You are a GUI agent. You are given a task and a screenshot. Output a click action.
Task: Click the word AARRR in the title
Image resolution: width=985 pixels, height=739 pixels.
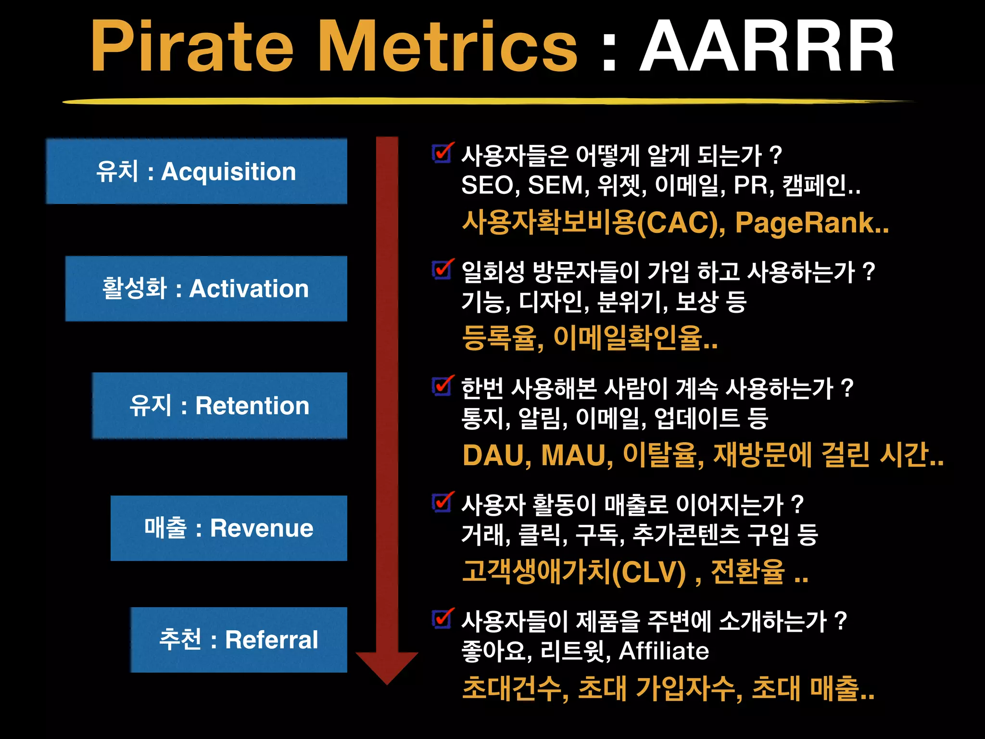click(x=767, y=47)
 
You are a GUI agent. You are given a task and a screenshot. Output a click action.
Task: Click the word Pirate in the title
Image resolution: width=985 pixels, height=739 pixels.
click(x=191, y=47)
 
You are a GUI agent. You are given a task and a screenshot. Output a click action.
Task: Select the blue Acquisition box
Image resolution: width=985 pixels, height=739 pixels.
click(x=197, y=171)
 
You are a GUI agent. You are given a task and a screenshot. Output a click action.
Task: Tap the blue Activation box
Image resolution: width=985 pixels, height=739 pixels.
click(x=206, y=289)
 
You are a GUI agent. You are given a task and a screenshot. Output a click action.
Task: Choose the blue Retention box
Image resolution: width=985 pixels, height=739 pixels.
click(x=219, y=405)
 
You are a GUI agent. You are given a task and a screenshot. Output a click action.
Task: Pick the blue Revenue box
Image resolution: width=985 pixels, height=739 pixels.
click(x=229, y=528)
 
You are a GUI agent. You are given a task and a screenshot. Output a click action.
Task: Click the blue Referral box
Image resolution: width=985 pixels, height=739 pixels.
click(x=239, y=639)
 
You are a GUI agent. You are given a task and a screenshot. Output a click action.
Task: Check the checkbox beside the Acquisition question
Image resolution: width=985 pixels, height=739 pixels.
click(x=441, y=154)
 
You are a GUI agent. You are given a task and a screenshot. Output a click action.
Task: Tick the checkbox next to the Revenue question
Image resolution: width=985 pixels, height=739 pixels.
click(x=441, y=503)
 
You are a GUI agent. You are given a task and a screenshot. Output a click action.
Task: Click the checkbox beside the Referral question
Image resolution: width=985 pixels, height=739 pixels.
click(x=441, y=619)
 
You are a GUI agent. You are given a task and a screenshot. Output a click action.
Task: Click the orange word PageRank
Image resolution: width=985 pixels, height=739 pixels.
click(x=804, y=223)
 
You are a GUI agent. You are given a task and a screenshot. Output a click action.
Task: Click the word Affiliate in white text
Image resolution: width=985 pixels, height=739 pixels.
click(x=663, y=651)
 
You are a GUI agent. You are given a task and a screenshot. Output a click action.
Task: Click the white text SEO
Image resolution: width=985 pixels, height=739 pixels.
click(x=486, y=185)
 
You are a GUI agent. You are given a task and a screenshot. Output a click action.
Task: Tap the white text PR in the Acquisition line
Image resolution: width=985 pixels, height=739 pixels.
click(x=750, y=185)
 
